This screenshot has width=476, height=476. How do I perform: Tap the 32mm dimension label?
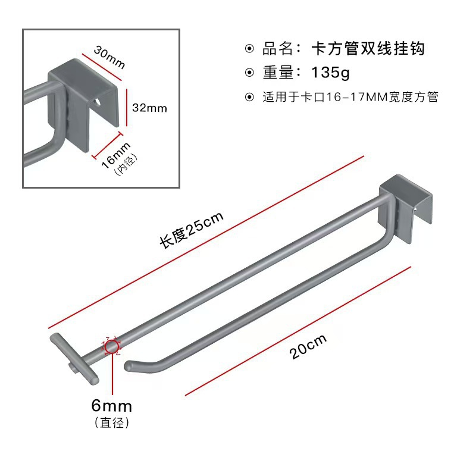[x=149, y=108]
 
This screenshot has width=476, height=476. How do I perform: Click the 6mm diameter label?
[x=111, y=406]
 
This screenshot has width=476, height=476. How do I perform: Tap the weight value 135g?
[x=331, y=73]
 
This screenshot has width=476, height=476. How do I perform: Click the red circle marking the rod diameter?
[x=112, y=346]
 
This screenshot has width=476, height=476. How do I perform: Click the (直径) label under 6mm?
[x=111, y=423]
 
